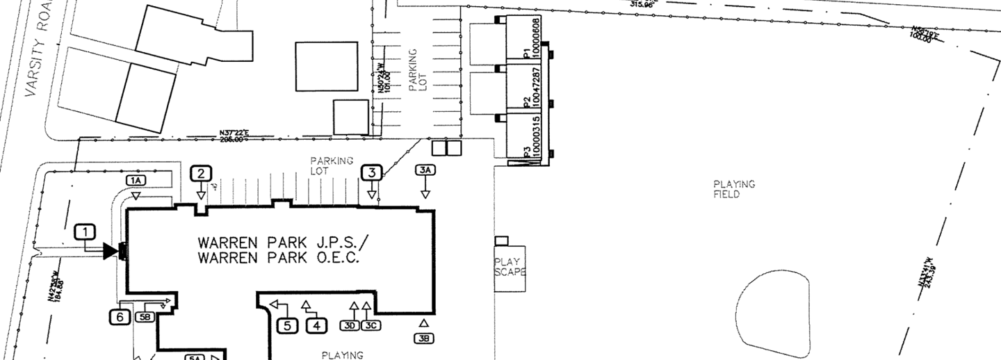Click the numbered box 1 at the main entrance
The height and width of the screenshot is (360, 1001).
pyautogui.click(x=85, y=231)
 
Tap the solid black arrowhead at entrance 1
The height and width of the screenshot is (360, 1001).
pyautogui.click(x=110, y=251)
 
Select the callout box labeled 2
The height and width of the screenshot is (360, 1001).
pyautogui.click(x=201, y=173)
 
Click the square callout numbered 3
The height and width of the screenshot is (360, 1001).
pyautogui.click(x=372, y=173)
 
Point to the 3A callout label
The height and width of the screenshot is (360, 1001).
pyautogui.click(x=425, y=170)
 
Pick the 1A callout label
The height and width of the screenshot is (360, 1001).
pyautogui.click(x=136, y=180)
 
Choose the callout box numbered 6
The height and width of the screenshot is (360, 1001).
pyautogui.click(x=120, y=317)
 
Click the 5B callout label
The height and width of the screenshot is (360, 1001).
pyautogui.click(x=145, y=317)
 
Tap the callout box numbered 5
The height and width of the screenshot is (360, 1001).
pyautogui.click(x=288, y=325)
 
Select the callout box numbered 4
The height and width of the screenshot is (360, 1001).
pyautogui.click(x=316, y=325)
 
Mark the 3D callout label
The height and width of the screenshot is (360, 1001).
pyautogui.click(x=350, y=325)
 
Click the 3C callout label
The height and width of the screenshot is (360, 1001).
pyautogui.click(x=371, y=325)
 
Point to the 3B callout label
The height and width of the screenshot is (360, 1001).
pyautogui.click(x=423, y=338)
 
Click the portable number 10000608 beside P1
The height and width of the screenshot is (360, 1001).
pyautogui.click(x=536, y=40)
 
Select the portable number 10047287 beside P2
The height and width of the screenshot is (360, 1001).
pyautogui.click(x=536, y=89)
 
